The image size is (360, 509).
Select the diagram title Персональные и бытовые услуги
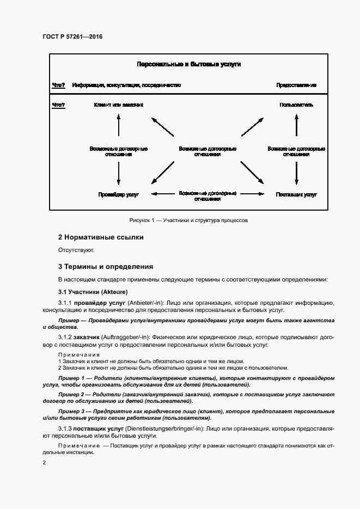point(188,64)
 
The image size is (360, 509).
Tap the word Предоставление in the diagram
point(296,85)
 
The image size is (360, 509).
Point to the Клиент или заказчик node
point(119,105)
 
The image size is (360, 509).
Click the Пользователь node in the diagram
point(296,105)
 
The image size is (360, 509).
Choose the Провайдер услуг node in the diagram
point(119,194)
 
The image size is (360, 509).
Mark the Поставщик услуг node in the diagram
point(296,194)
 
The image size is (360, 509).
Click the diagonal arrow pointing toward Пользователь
point(253,126)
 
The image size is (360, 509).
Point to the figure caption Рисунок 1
point(188,220)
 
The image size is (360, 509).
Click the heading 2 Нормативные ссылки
point(101,237)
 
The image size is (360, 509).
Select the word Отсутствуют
point(76,250)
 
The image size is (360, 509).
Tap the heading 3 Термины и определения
point(106,267)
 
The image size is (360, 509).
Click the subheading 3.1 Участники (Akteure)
point(93,292)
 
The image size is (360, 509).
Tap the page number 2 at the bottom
point(45,463)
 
